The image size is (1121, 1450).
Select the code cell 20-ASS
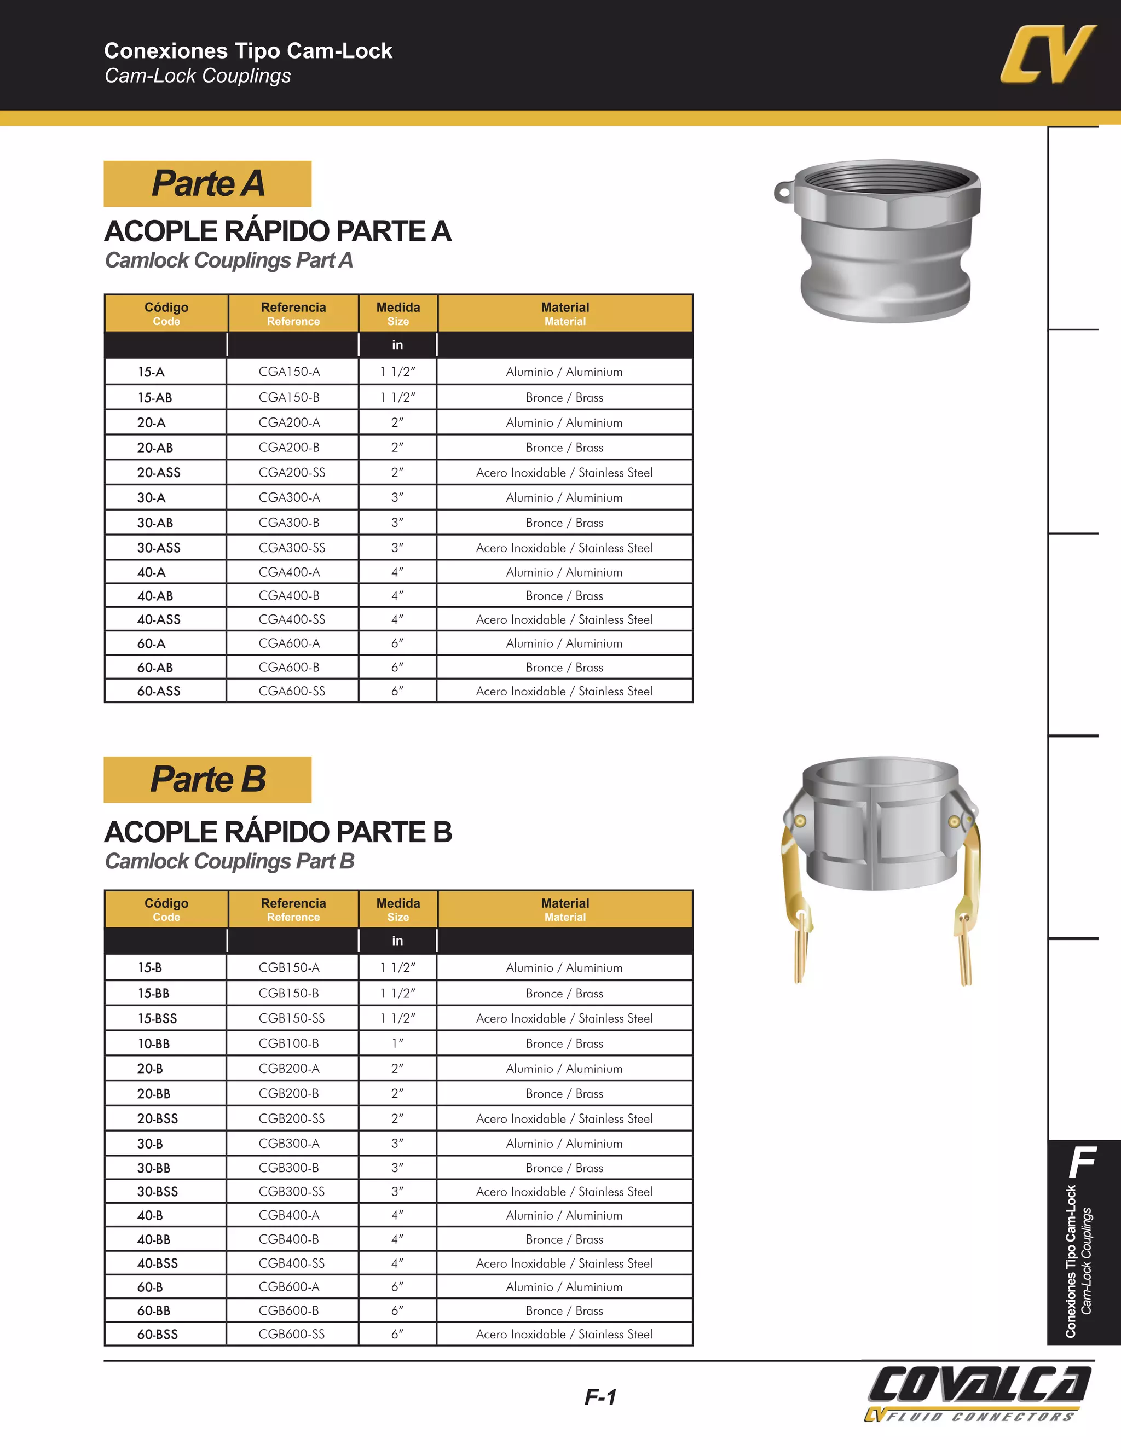point(159,473)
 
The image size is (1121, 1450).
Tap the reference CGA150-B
point(289,398)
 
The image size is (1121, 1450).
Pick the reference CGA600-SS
point(292,691)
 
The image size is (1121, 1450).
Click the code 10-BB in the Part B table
point(153,1043)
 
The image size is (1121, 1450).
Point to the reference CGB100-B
point(289,1043)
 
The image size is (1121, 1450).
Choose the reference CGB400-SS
point(292,1263)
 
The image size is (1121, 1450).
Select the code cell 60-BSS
point(158,1335)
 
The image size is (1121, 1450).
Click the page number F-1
point(600,1397)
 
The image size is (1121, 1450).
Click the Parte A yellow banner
point(207,184)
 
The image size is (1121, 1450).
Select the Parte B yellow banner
point(207,779)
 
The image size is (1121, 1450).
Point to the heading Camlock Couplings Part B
point(229,861)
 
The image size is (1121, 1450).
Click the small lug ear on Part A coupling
point(784,193)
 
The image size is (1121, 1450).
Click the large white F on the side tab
point(1083,1162)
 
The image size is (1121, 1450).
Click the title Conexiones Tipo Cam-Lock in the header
point(248,51)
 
